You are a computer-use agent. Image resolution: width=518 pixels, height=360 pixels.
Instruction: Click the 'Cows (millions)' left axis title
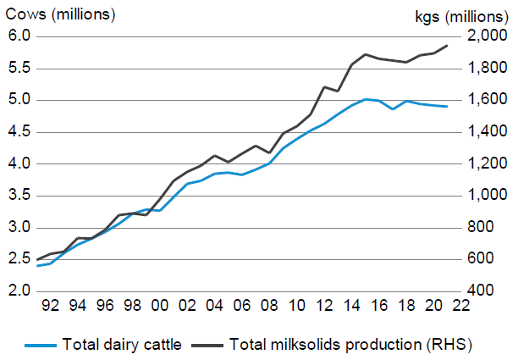click(62, 14)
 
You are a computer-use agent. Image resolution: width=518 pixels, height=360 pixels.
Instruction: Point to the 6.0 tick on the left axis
click(19, 36)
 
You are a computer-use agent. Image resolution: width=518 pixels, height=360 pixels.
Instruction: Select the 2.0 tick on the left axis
click(19, 291)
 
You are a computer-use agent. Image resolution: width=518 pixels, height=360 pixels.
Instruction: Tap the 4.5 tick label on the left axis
click(19, 131)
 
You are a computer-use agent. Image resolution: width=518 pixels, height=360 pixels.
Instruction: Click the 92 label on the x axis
click(51, 306)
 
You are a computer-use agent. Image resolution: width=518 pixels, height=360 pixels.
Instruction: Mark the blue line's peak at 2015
click(365, 99)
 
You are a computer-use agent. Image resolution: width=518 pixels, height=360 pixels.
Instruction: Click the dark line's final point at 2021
click(447, 45)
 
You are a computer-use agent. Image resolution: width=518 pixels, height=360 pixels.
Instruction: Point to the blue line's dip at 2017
click(392, 109)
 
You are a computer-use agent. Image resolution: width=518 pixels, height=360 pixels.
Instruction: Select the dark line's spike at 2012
click(324, 86)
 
